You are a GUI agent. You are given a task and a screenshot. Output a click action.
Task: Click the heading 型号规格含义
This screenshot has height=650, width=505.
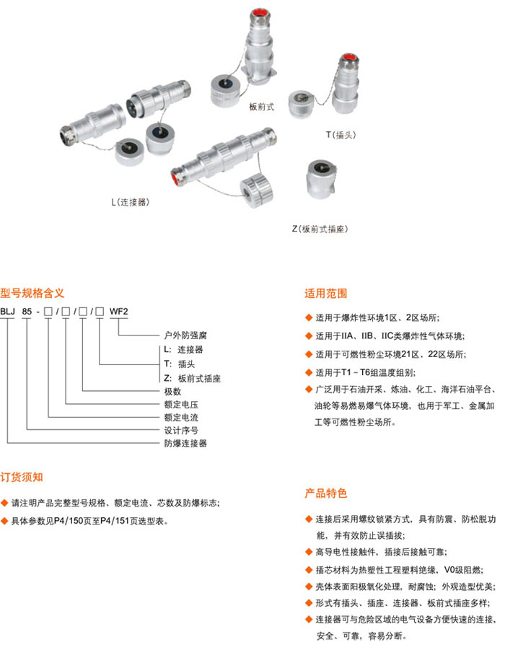click(32, 294)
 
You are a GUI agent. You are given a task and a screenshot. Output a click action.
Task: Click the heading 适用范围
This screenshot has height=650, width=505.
click(325, 294)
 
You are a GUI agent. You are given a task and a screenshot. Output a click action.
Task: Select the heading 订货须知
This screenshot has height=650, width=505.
click(22, 477)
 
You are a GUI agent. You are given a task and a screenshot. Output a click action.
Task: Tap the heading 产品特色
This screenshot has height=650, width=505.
click(325, 493)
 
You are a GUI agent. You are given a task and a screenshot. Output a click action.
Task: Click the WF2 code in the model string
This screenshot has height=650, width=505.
click(118, 312)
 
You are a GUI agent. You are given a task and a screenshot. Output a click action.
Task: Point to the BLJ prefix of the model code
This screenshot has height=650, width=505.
click(7, 312)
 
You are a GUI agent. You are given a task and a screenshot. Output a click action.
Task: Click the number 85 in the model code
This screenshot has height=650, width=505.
click(27, 312)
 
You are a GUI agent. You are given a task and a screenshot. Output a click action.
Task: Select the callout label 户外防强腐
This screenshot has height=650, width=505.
click(185, 335)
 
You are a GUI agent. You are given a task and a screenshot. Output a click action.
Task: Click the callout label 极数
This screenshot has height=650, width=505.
click(172, 391)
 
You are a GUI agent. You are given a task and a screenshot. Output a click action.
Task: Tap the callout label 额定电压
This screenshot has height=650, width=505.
click(181, 405)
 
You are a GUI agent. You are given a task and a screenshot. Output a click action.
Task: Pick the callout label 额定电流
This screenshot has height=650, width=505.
click(181, 418)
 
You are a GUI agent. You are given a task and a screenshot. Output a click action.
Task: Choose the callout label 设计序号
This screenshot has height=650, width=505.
click(181, 430)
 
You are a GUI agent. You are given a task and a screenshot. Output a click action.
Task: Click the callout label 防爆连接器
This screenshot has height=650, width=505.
click(185, 443)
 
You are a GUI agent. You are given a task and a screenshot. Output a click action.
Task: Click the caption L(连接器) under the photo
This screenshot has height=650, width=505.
click(130, 202)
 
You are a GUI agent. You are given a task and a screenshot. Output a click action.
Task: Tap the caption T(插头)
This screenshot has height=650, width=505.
click(341, 135)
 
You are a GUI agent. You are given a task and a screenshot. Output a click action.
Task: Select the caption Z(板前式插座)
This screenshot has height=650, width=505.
click(320, 229)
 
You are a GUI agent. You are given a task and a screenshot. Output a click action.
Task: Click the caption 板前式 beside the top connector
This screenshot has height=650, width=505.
click(261, 107)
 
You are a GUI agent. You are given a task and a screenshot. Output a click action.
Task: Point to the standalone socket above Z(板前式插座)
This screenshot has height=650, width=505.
click(321, 179)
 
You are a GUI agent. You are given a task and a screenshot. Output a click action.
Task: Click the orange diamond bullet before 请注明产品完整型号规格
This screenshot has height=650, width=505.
click(4, 503)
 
